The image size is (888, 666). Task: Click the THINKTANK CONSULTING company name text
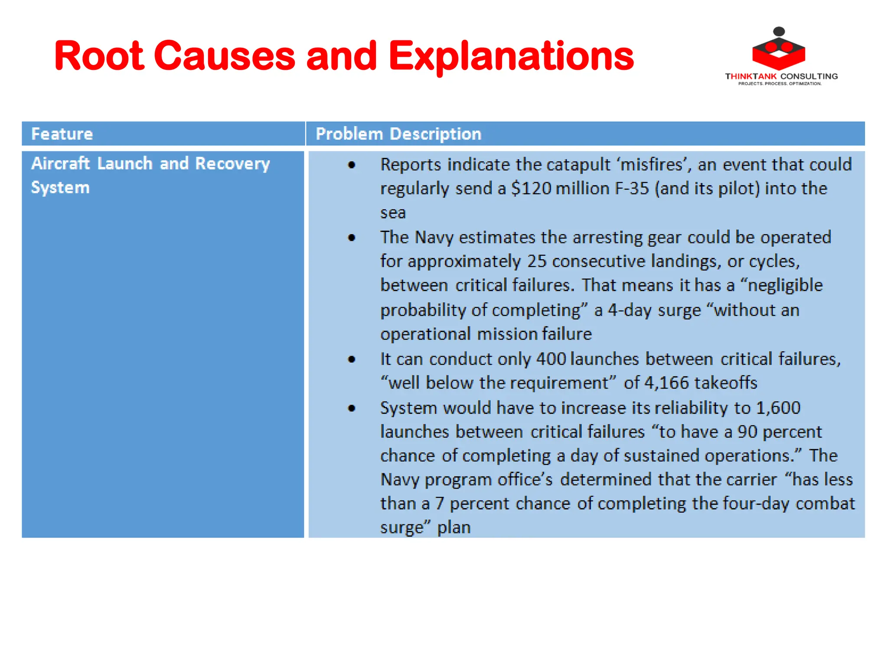point(781,76)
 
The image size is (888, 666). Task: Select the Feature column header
point(62,134)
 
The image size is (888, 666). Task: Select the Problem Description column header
point(398,134)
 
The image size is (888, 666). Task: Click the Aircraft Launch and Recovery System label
point(150,175)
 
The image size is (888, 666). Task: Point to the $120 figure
point(531,189)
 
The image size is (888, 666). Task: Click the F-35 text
point(632,189)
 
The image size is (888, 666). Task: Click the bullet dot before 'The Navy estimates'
point(352,238)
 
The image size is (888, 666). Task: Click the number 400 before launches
point(551,359)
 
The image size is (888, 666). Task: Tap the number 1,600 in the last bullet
point(778,408)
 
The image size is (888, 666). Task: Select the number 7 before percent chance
point(439,503)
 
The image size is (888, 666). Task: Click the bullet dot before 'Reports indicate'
point(352,165)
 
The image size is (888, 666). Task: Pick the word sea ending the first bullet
point(393,213)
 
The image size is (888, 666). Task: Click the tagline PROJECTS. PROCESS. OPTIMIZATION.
point(780,84)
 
